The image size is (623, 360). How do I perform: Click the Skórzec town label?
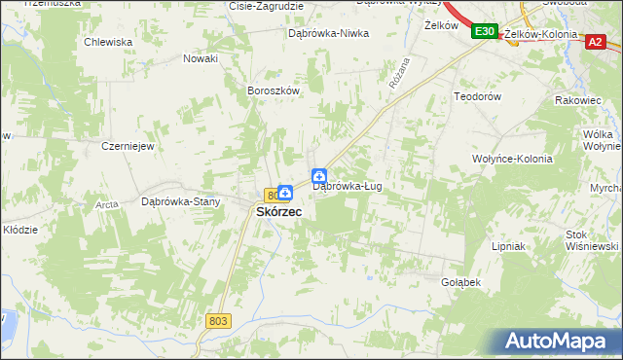277,211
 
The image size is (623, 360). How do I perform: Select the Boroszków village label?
273,90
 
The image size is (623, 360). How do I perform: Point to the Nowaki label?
201,58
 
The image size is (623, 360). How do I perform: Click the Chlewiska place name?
107,42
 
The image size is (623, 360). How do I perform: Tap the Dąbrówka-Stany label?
181,202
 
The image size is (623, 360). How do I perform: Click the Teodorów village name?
477,96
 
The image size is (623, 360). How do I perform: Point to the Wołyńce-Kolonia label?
512,159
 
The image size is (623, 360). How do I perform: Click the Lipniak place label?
508,246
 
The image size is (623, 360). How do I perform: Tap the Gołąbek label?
462,282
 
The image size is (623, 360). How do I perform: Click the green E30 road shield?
485,32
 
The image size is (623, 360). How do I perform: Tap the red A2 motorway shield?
595,40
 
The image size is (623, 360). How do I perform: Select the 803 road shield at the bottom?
218,320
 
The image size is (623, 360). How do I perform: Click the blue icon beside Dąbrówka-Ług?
319,176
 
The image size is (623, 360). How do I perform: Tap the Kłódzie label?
20,230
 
